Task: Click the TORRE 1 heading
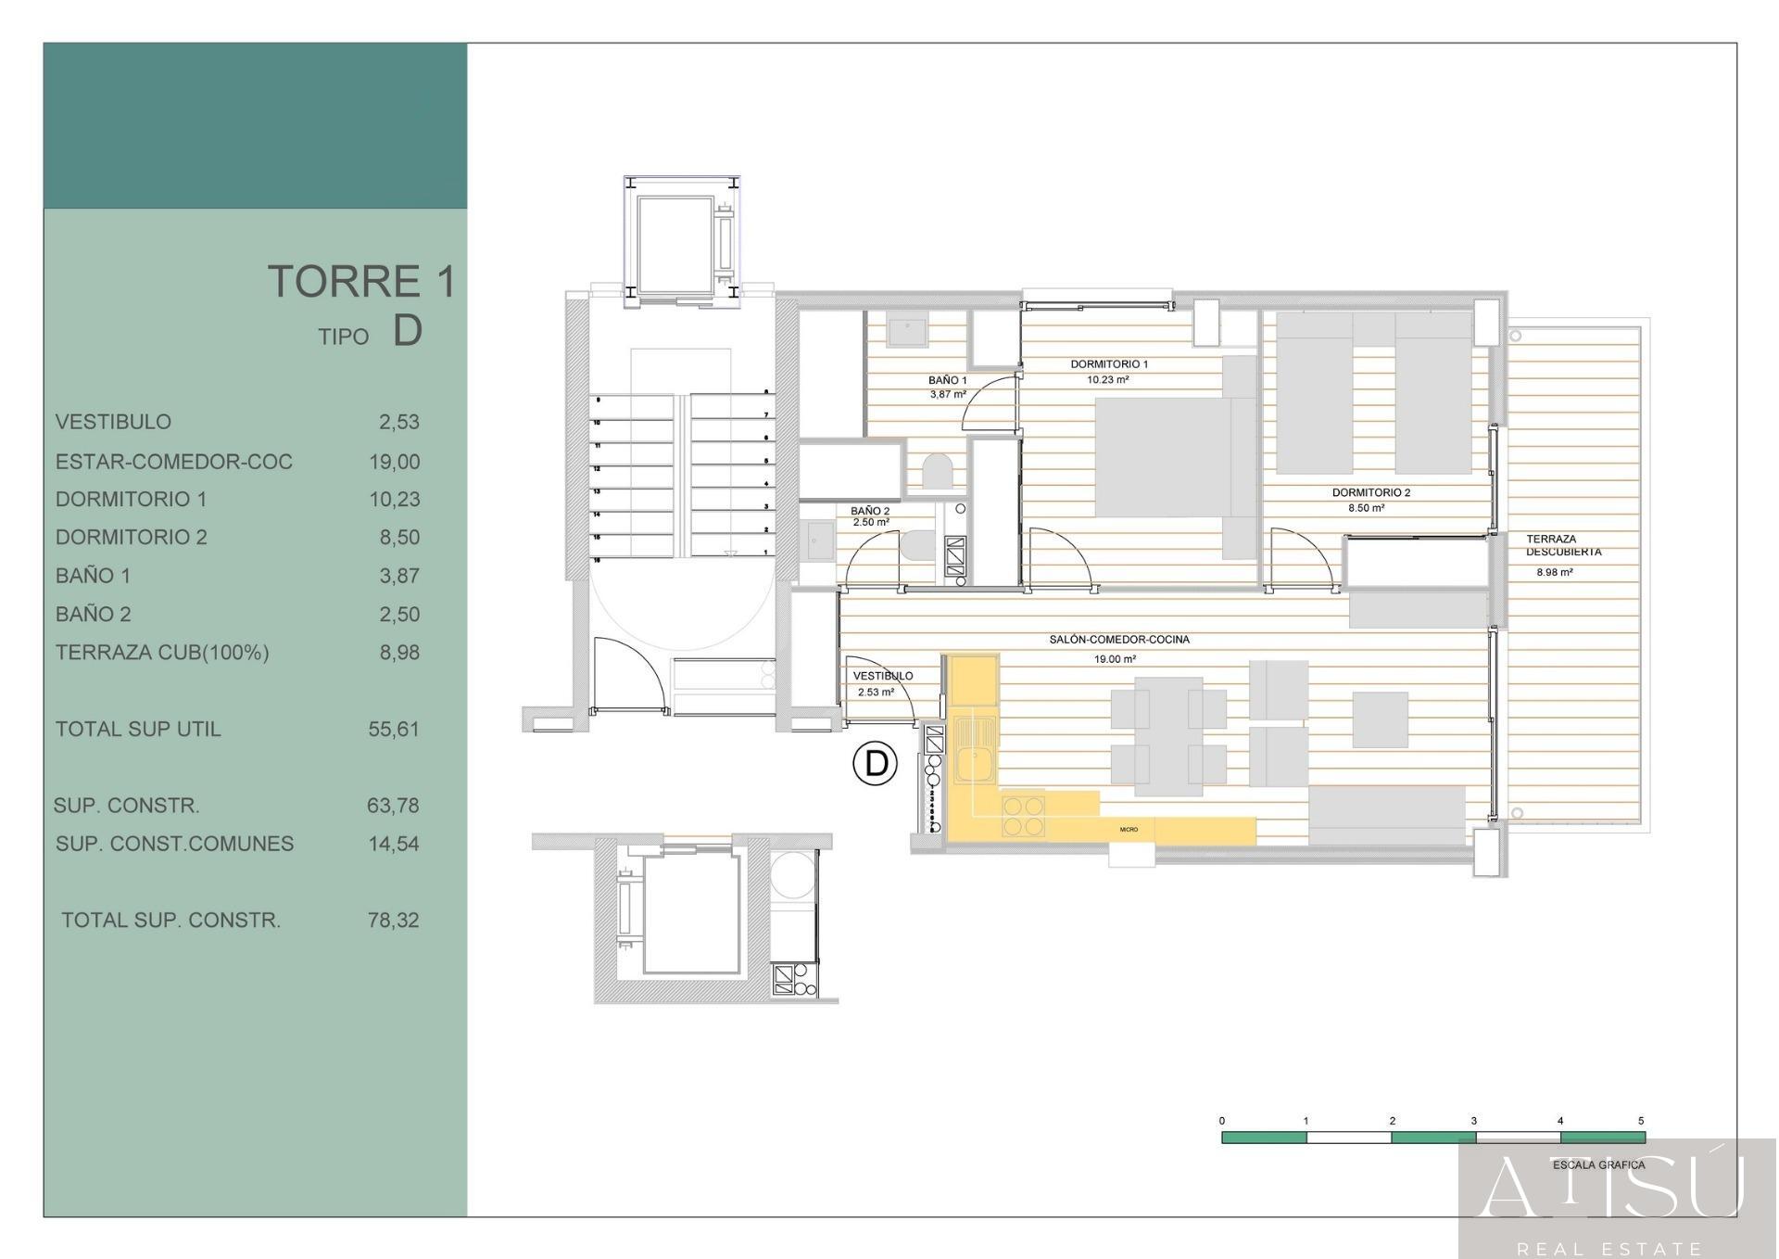point(361,282)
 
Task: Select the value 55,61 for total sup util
point(394,730)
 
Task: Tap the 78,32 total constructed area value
point(394,921)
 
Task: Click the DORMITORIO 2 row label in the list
point(132,538)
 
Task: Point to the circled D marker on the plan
point(875,764)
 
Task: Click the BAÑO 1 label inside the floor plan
point(947,380)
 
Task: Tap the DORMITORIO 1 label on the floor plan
point(1108,364)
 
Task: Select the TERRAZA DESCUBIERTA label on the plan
point(1563,545)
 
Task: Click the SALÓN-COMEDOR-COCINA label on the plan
point(1118,640)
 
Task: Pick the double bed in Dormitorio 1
point(1172,457)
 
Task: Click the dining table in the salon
point(1167,737)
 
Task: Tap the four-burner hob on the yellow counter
point(1023,816)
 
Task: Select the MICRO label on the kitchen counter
point(1128,830)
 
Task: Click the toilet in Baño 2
point(917,545)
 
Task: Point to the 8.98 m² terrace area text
point(1554,573)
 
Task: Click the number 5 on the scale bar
point(1640,1121)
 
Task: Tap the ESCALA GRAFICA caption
point(1598,1165)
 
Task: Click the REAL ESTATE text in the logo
point(1609,1248)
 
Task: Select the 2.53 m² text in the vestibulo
point(875,693)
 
